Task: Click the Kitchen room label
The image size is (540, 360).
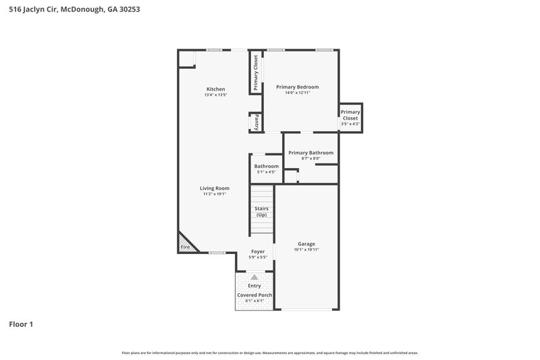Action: pos(215,89)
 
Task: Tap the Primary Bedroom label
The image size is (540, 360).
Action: pos(297,87)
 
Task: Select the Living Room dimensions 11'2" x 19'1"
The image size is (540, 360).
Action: pos(214,194)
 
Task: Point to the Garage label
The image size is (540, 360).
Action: pos(306,244)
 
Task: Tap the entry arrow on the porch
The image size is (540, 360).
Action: pos(254,277)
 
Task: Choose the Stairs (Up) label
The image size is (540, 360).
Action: pos(262,211)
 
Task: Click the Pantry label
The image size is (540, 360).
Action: pos(256,123)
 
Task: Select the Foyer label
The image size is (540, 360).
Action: pos(258,251)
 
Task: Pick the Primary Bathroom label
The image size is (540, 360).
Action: pos(310,153)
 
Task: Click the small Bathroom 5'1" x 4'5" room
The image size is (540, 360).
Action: pos(266,169)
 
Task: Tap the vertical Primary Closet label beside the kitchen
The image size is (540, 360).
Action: pos(256,72)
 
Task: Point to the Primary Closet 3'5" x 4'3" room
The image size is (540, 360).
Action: pos(350,118)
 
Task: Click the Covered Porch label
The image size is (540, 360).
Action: pos(254,295)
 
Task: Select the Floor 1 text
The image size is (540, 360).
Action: pos(21,324)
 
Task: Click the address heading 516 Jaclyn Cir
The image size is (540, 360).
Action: pos(73,10)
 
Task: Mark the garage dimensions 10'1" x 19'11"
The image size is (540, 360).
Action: pos(306,250)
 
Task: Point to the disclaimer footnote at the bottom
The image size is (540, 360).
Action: pos(269,353)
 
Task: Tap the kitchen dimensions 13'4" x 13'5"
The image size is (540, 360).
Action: pos(215,95)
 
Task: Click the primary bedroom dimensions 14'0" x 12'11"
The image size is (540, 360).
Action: pos(297,93)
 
